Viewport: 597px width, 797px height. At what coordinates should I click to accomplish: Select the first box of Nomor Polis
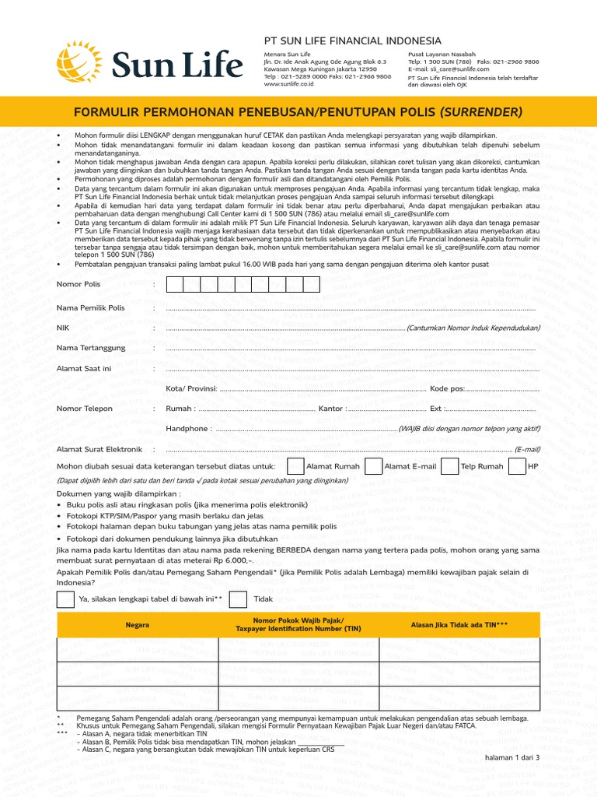coord(176,284)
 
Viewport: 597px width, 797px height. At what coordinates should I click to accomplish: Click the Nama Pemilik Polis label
coord(90,308)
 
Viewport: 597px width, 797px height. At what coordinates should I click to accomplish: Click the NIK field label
coord(63,328)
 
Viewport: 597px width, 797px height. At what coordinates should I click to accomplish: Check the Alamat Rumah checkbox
coord(295,466)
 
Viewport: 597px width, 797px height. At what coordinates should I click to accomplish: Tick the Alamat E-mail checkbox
coord(374,466)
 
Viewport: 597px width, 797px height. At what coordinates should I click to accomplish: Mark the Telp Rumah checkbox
coord(450,466)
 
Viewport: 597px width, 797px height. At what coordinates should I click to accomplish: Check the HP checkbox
coord(517,466)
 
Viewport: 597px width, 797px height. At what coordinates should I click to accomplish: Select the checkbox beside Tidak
coord(239,599)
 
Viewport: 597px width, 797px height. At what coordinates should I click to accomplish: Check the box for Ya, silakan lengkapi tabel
coord(66,599)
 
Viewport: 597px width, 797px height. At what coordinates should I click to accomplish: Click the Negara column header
coord(138,625)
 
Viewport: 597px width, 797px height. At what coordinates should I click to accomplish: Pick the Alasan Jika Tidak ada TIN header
coord(459,625)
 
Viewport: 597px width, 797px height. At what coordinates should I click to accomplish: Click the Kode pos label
coord(447,388)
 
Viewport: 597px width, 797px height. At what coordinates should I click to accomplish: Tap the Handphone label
coord(187,429)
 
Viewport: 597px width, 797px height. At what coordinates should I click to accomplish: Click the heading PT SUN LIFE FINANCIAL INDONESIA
coord(353,40)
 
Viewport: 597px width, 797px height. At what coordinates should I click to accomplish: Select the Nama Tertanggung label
coord(89,349)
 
